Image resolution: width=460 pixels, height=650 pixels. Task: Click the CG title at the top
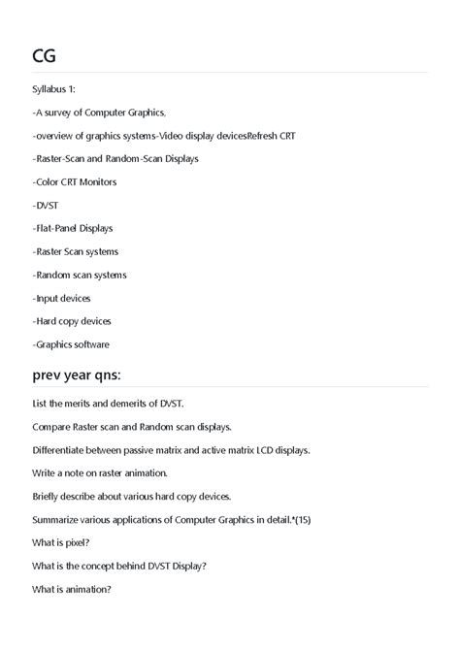click(45, 55)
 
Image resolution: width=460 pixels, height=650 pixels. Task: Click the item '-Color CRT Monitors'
click(75, 181)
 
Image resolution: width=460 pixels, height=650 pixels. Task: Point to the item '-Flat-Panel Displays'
click(73, 228)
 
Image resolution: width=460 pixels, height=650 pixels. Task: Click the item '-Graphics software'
click(71, 344)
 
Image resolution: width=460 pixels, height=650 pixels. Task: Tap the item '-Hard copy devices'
click(72, 321)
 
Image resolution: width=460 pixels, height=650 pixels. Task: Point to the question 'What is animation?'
click(72, 589)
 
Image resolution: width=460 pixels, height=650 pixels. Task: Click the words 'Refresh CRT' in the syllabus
click(272, 136)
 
